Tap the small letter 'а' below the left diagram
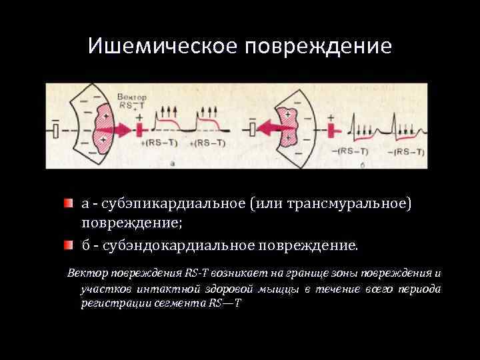coord(173,162)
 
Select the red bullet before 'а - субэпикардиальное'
coord(69,202)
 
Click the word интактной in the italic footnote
coord(162,289)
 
